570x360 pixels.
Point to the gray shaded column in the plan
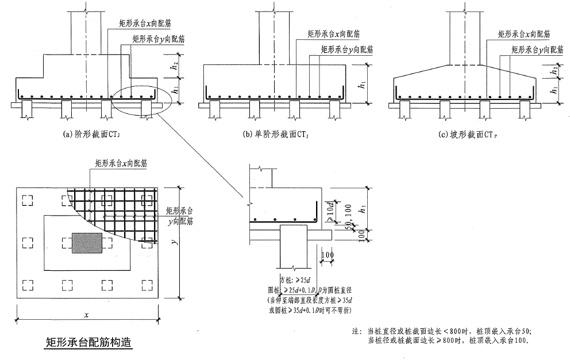pos(87,243)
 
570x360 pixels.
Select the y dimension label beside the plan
pos(174,242)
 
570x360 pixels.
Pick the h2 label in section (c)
pos(553,70)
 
